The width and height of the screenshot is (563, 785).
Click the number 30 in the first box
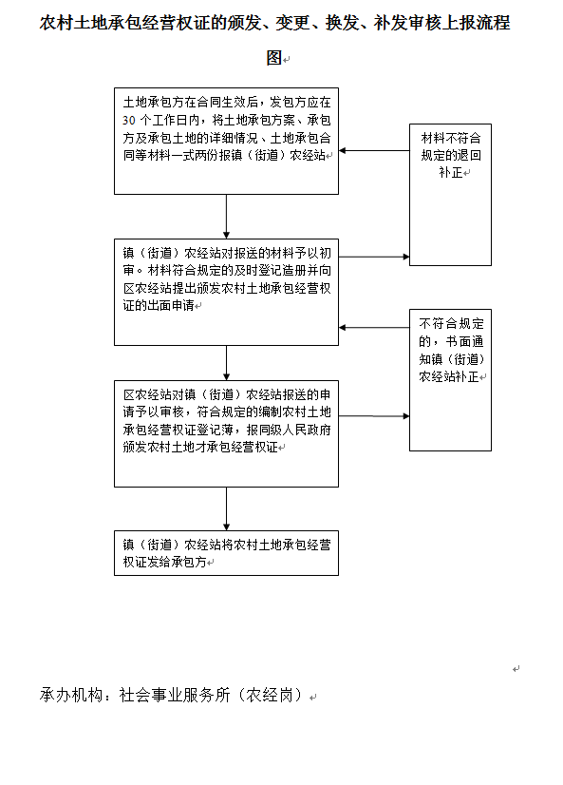pos(128,120)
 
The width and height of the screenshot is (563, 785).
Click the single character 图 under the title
pos(274,58)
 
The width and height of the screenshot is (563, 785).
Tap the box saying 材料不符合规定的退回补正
pos(450,195)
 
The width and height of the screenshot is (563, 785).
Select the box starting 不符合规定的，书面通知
pos(450,380)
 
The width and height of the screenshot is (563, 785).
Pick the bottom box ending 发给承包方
pos(226,553)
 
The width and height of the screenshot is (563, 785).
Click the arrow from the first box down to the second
pos(226,217)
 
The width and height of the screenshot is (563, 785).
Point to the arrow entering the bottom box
pos(226,508)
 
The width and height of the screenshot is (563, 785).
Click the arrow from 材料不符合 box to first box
pos(374,150)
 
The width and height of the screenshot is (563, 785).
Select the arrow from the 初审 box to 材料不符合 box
pos(374,257)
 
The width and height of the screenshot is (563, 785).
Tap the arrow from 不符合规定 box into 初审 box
pos(374,328)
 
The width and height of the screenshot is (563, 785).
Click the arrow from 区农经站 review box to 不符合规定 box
pos(374,415)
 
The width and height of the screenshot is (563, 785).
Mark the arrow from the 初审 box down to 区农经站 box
pos(226,363)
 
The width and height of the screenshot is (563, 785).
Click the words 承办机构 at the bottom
pos(71,695)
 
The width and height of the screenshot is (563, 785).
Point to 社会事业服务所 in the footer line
pos(175,695)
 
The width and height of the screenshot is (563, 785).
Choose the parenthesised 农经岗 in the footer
pos(270,695)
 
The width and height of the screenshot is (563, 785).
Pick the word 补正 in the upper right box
pos(451,172)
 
